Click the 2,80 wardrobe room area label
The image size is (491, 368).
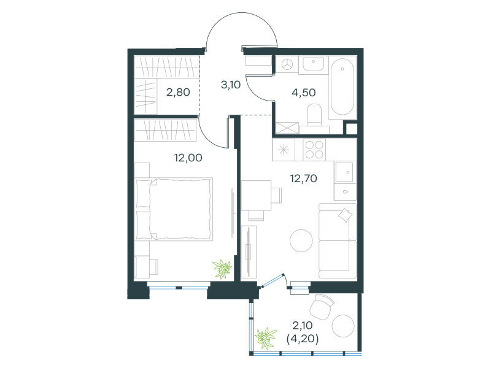tap(178, 93)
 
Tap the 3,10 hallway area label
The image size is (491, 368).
tap(231, 85)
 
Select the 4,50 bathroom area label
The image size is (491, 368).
tap(303, 93)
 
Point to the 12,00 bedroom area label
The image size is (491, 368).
tap(188, 158)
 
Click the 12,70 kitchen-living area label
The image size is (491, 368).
tap(303, 178)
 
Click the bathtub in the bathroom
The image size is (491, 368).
tap(342, 86)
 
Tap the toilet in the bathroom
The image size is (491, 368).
tap(314, 115)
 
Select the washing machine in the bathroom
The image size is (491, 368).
tap(287, 65)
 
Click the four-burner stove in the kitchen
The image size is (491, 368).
tap(314, 150)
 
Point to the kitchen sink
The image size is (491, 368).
tap(344, 172)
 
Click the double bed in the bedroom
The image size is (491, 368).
tap(174, 209)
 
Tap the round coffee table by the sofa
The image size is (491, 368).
tap(301, 240)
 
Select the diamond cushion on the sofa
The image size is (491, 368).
tap(345, 215)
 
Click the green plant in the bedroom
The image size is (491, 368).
tap(222, 269)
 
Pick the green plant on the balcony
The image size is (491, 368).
tap(266, 339)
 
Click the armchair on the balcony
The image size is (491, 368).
tap(322, 306)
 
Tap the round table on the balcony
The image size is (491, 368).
tap(343, 326)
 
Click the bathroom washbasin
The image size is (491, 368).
tap(313, 64)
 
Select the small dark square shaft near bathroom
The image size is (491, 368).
tap(350, 129)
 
